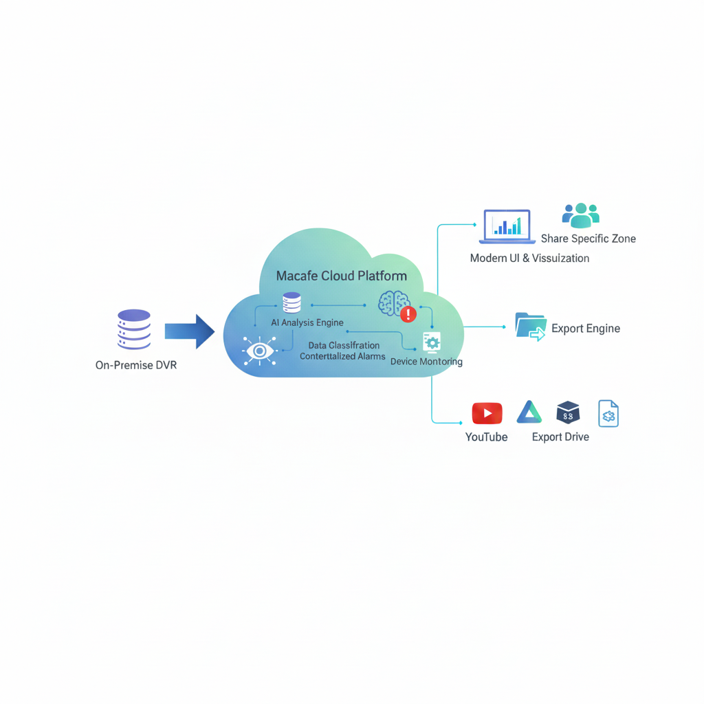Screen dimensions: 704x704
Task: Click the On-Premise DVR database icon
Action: [x=134, y=329]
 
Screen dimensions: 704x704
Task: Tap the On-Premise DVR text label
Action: [x=136, y=365]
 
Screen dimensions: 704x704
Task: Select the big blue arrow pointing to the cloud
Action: [x=190, y=332]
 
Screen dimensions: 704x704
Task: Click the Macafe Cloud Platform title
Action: [x=341, y=276]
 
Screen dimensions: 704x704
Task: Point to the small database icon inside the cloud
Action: [x=291, y=302]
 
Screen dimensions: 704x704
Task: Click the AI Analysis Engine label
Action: [x=307, y=322]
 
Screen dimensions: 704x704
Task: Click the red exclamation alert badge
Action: [x=408, y=314]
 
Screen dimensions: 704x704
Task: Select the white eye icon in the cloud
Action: [x=259, y=351]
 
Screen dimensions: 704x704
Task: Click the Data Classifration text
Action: [x=344, y=345]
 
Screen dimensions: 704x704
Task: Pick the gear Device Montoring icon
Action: [x=432, y=342]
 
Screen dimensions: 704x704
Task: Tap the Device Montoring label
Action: [x=426, y=362]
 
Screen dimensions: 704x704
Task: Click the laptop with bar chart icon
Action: [x=507, y=226]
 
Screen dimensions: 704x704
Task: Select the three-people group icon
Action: [x=581, y=216]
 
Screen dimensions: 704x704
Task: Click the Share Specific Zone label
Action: [x=588, y=239]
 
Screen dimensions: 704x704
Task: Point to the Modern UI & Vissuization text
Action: [x=529, y=258]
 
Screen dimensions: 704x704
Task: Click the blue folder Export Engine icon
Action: [x=530, y=326]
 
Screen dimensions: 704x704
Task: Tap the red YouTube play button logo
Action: [x=487, y=413]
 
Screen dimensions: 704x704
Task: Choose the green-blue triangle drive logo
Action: [x=529, y=412]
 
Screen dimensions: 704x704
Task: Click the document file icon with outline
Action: [x=608, y=413]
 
